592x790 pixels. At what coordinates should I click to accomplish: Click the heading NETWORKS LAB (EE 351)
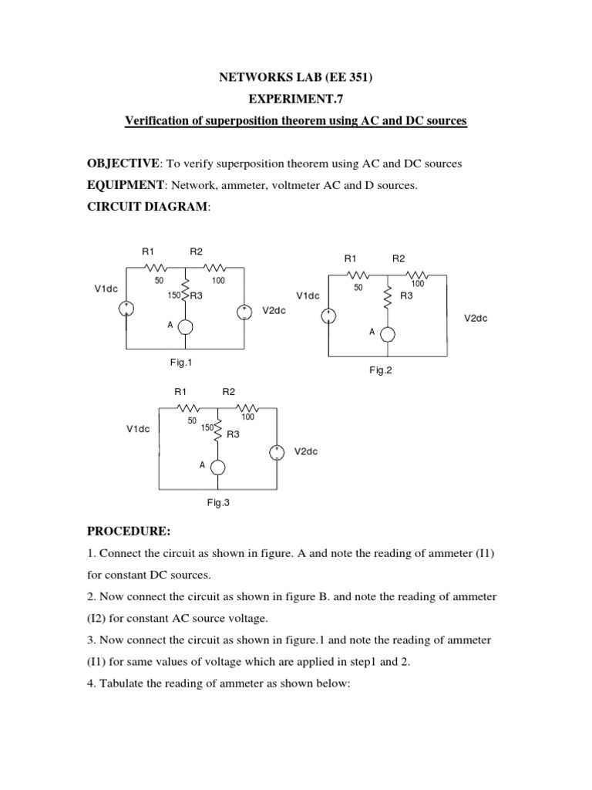click(296, 78)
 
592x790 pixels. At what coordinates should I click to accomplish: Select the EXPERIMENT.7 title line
click(296, 100)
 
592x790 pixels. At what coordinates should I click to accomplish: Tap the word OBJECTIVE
click(121, 164)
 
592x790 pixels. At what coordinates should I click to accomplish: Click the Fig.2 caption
click(381, 370)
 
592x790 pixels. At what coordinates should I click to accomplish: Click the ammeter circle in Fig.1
click(185, 327)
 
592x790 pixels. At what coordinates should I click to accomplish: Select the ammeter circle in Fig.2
click(388, 333)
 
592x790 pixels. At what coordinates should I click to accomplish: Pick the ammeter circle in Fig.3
click(218, 468)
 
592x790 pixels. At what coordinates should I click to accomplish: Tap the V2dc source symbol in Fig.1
click(244, 312)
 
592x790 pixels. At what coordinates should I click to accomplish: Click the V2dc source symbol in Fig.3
click(277, 453)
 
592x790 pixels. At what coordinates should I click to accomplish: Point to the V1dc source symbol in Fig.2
click(328, 315)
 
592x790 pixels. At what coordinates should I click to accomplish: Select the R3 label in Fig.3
click(233, 434)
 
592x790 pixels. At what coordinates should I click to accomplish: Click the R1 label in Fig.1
click(148, 252)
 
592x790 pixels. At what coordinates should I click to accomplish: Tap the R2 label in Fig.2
click(399, 259)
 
